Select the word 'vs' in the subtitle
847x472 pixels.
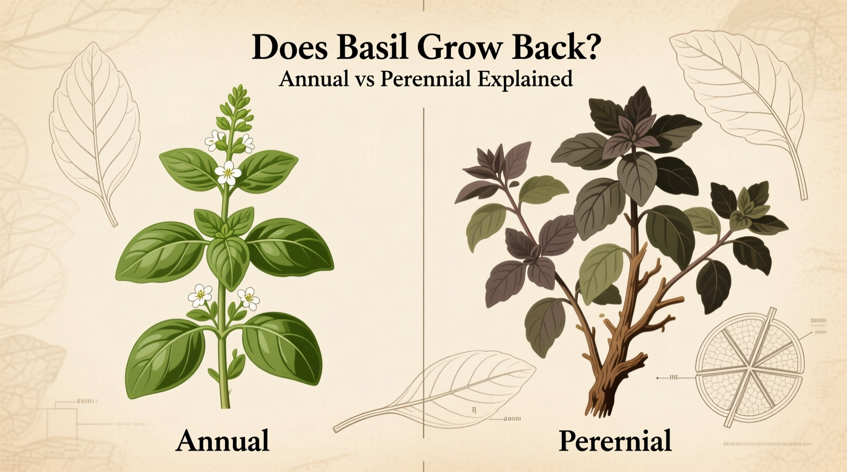tap(365, 80)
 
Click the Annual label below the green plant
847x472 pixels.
tap(222, 440)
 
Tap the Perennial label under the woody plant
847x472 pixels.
tap(615, 440)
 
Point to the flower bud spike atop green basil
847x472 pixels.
tap(236, 109)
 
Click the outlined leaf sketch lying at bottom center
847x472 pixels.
tap(448, 392)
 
